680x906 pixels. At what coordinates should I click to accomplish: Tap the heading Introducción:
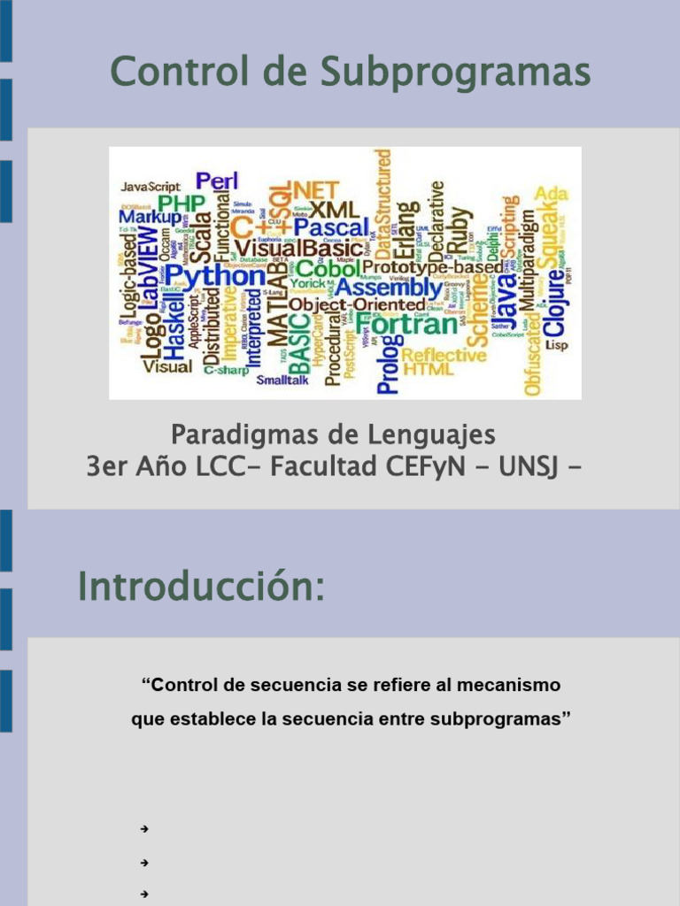tap(201, 587)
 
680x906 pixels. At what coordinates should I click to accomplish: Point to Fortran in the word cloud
tap(412, 325)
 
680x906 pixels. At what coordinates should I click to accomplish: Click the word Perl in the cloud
tap(217, 181)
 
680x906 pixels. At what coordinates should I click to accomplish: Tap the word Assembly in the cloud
tap(389, 288)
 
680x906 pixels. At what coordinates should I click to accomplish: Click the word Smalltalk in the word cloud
tap(282, 380)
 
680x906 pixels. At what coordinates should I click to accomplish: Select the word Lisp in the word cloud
tap(556, 345)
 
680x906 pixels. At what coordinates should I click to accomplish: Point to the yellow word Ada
tap(552, 194)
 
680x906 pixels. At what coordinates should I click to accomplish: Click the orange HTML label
tap(429, 371)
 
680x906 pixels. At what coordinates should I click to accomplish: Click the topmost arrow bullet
tap(143, 829)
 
